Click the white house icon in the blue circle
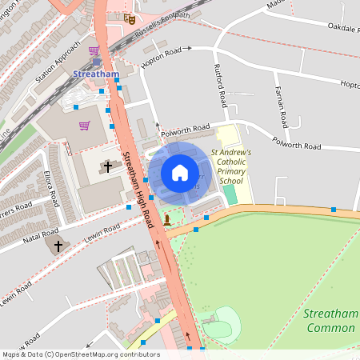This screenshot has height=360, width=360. tap(180, 173)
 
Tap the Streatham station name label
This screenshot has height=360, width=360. tap(95, 74)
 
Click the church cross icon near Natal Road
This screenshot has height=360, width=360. tap(58, 244)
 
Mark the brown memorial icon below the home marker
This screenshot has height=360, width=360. tap(166, 218)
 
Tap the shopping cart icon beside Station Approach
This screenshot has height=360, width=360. tap(94, 50)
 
